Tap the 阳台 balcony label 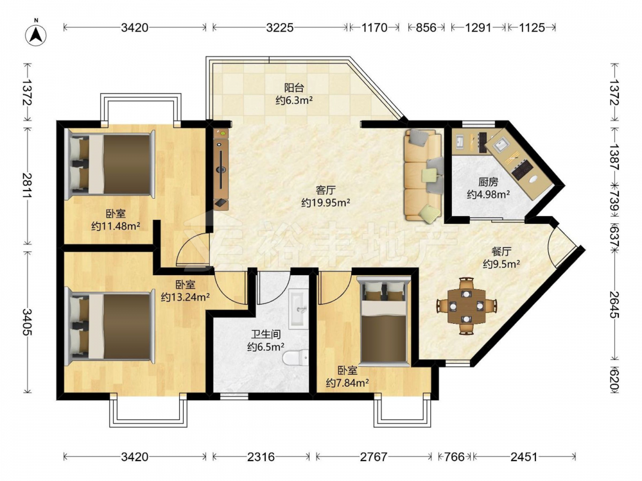coord(294,87)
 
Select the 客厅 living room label coord(325,190)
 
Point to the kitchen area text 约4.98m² coord(488,194)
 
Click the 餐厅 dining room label coord(501,251)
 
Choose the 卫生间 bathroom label coord(266,335)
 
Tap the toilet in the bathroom coord(295,359)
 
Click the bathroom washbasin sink coord(299,309)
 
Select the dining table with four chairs coord(466,305)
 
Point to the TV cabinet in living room coord(221,169)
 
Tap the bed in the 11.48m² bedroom coord(110,164)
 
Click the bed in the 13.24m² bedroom coord(110,326)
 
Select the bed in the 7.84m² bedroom coord(384,320)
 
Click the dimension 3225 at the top coord(280,28)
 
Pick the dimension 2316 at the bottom coord(261,457)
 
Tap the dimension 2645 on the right coord(614,304)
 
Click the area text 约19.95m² coord(325,203)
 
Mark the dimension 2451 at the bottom coord(524,457)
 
